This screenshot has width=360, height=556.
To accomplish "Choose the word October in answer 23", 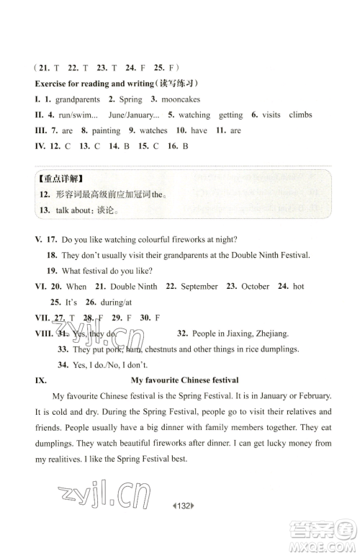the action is point(255,286).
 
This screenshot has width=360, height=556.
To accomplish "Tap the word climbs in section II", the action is point(300,115).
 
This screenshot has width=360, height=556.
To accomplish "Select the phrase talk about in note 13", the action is point(74,211).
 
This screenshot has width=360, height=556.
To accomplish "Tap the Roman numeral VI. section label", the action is point(40,286).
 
